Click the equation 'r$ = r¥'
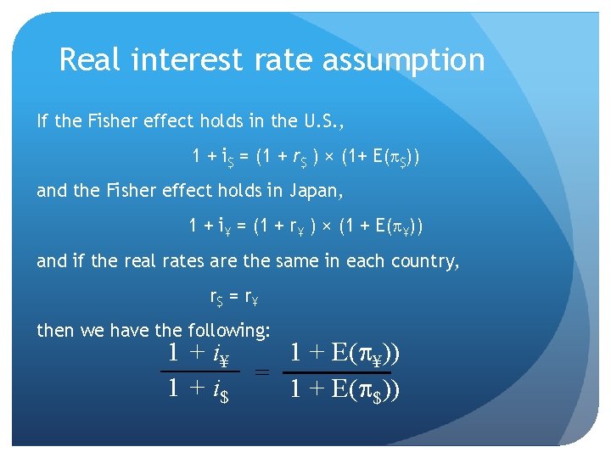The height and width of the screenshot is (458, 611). pos(234,297)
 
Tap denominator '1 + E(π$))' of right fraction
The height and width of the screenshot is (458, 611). pos(345,390)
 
